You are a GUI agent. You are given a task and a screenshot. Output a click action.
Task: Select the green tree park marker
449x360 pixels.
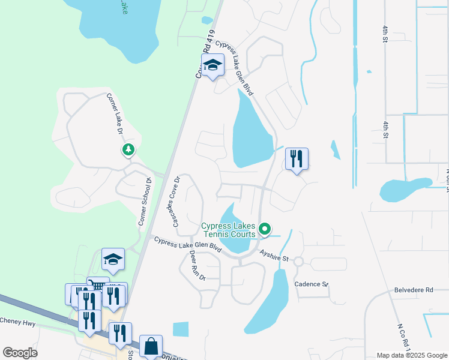click(128, 149)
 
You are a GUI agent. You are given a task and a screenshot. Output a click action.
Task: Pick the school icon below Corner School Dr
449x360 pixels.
click(112, 259)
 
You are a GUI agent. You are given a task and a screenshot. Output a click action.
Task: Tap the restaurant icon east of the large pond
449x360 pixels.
click(297, 159)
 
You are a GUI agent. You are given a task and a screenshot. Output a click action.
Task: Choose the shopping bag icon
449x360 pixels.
click(151, 346)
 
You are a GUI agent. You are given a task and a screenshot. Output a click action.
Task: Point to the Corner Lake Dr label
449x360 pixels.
click(115, 113)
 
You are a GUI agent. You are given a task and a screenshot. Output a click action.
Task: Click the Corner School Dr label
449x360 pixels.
click(143, 202)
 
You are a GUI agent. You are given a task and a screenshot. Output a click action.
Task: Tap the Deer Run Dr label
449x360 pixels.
click(197, 266)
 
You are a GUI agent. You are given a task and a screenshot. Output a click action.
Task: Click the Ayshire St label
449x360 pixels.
click(274, 256)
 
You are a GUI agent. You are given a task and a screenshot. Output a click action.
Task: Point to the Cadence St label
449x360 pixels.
click(311, 284)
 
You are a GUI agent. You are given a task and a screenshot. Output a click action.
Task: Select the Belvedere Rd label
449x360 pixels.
click(414, 290)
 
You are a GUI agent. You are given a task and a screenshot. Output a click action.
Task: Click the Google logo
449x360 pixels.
click(20, 353)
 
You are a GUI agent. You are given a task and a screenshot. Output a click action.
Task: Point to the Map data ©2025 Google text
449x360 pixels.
click(411, 355)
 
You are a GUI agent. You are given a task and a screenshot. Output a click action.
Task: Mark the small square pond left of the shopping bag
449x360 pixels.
click(180, 329)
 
